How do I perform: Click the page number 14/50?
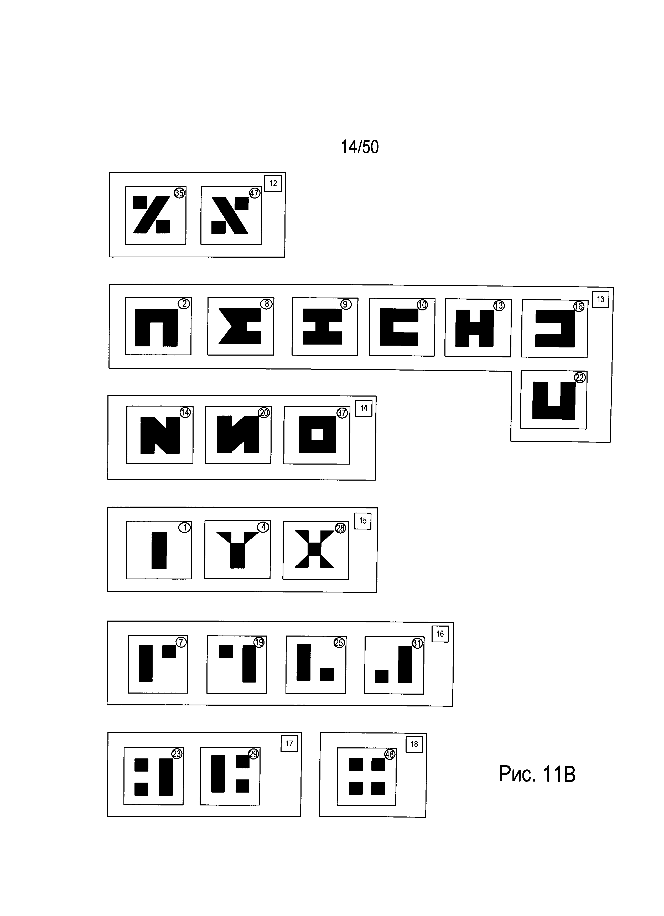point(360,147)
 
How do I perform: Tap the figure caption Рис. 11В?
point(537,774)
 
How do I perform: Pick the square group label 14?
point(364,408)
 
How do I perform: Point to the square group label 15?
point(363,521)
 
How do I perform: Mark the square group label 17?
point(289,743)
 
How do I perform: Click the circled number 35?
point(179,193)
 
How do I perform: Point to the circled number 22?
point(580,378)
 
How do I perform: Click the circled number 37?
point(342,413)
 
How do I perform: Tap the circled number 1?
point(185,528)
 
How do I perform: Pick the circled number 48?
point(390,754)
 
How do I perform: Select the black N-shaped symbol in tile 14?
point(160,435)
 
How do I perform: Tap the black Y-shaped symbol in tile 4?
point(237,549)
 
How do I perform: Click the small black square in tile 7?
point(169,652)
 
